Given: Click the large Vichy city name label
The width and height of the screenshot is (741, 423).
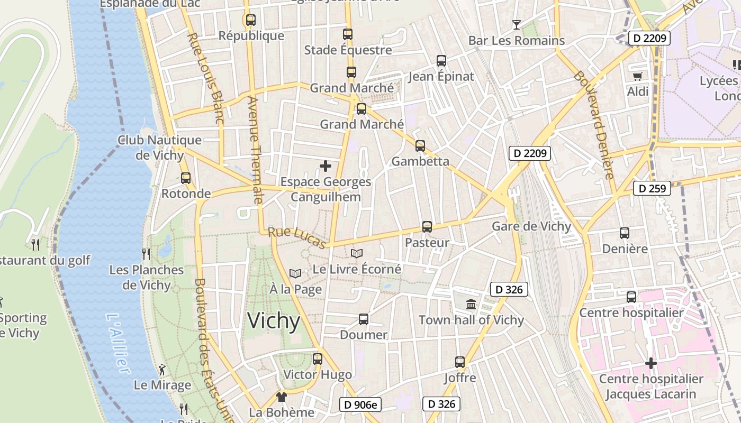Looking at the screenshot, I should pos(274,321).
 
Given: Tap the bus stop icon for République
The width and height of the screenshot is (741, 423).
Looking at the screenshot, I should pos(251,20).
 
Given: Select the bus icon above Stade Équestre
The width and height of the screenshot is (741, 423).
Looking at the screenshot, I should pos(348,34).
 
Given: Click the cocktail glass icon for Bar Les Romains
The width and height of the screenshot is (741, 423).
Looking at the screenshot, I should pos(517,24).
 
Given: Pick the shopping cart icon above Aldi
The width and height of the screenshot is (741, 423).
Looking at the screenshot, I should pos(637,76).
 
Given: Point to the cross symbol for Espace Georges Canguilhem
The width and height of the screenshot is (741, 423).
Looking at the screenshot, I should pos(326,166).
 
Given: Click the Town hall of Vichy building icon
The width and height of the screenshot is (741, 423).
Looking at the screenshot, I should pos(471,304).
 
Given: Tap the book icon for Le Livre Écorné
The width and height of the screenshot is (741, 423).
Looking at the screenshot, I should pos(357,254).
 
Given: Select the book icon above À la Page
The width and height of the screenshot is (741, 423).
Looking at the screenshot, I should pos(295,273).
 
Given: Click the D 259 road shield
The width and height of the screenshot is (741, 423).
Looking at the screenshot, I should pos(652,188).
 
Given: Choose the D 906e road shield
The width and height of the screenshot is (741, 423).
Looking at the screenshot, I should pos(360,404).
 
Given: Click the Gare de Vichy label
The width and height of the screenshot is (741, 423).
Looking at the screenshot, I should pos(531,226).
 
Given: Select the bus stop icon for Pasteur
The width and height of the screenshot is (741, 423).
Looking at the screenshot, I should pos(427,227).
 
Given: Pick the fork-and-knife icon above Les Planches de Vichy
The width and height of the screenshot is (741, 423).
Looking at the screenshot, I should pos(146,254).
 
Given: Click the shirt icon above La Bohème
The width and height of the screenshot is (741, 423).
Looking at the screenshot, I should pos(281,397).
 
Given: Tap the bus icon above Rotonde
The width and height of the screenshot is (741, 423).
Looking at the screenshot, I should pos(186,178).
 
